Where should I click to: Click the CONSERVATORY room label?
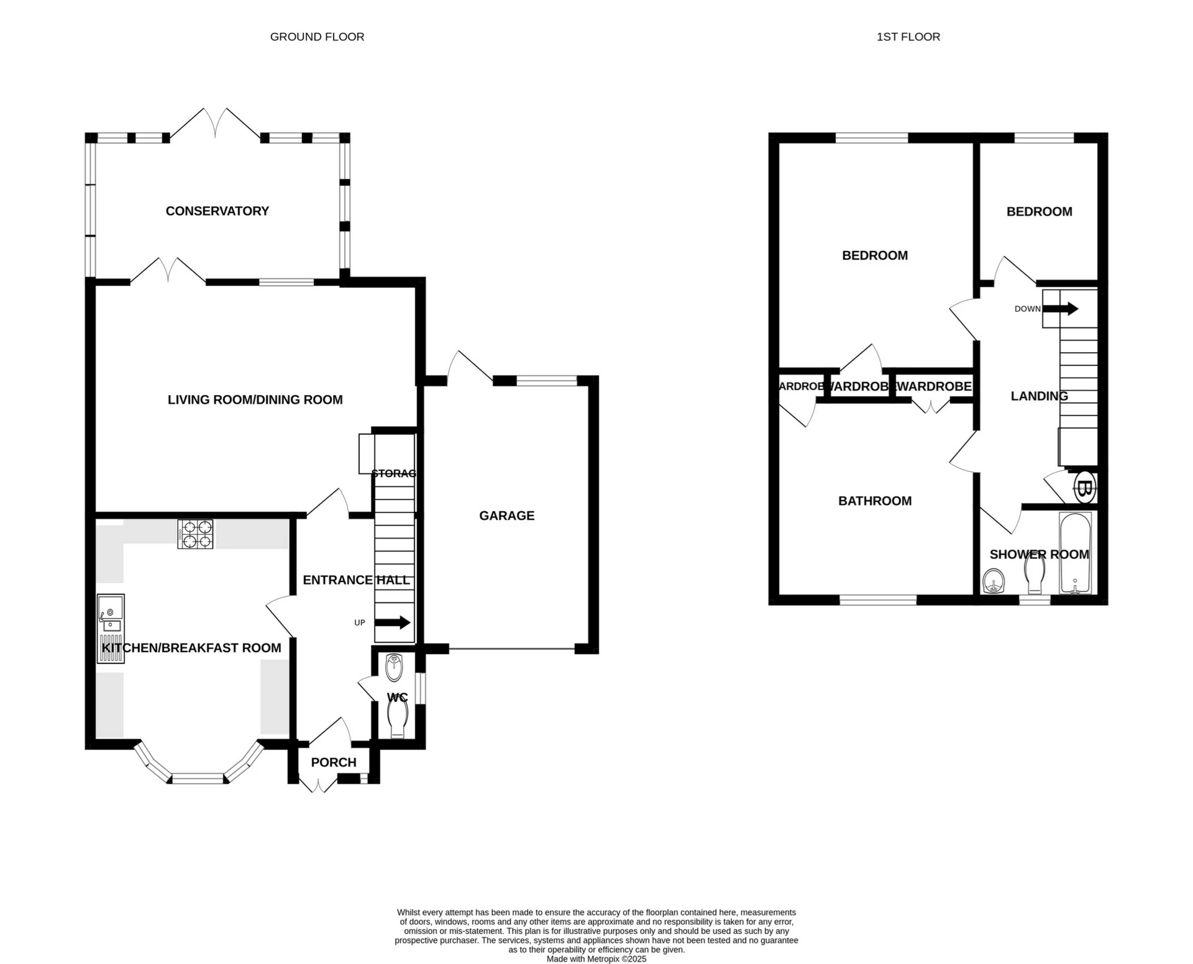pyautogui.click(x=217, y=211)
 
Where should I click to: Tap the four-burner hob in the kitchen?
pyautogui.click(x=195, y=534)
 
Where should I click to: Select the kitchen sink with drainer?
pyautogui.click(x=111, y=627)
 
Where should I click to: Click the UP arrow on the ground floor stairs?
pyautogui.click(x=397, y=622)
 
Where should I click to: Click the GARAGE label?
pyautogui.click(x=506, y=516)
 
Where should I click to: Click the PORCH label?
pyautogui.click(x=334, y=762)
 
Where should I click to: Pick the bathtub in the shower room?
pyautogui.click(x=1075, y=553)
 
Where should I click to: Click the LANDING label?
pyautogui.click(x=1039, y=396)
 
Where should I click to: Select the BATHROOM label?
pyautogui.click(x=874, y=501)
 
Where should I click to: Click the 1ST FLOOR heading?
pyautogui.click(x=908, y=37)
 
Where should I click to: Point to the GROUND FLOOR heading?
pyautogui.click(x=317, y=37)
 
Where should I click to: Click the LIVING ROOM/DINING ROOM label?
pyautogui.click(x=255, y=400)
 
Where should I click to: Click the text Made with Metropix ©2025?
pyautogui.click(x=596, y=959)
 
